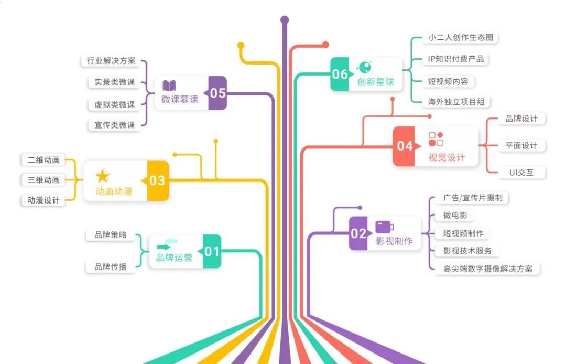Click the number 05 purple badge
[x=217, y=93]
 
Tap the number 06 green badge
[x=340, y=74]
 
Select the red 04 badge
[x=404, y=146]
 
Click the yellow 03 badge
[x=157, y=180]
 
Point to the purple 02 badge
[x=358, y=233]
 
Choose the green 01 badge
[x=212, y=251]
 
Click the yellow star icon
[x=103, y=176]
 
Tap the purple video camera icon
[x=384, y=227]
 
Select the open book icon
[x=169, y=85]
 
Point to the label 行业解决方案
[x=111, y=61]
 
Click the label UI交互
[x=521, y=172]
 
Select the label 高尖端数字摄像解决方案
[x=487, y=269]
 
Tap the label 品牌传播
[x=111, y=266]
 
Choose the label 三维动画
[x=44, y=180]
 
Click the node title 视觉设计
[x=447, y=157]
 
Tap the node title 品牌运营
[x=174, y=258]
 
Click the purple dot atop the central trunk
[x=285, y=20]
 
